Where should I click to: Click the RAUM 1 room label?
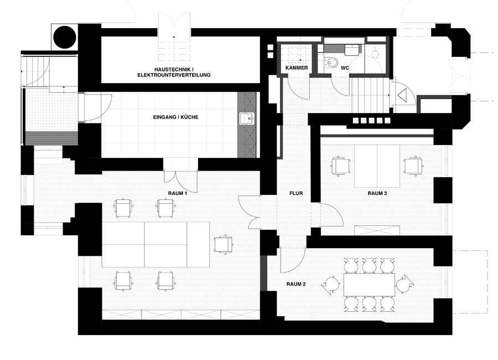[178, 193]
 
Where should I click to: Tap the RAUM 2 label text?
[296, 284]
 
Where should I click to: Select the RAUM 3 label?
[376, 193]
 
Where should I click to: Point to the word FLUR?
[295, 195]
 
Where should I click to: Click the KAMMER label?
[297, 68]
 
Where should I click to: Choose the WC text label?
[344, 68]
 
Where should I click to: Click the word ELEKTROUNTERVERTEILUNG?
[174, 74]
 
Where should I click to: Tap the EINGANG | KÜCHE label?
[175, 117]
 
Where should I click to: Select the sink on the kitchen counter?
[246, 119]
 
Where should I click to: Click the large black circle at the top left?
[64, 37]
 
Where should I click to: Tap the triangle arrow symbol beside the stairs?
[402, 95]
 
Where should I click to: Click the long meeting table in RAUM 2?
[369, 285]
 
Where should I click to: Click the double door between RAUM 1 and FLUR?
[252, 213]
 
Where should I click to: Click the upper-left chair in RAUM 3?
[339, 165]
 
